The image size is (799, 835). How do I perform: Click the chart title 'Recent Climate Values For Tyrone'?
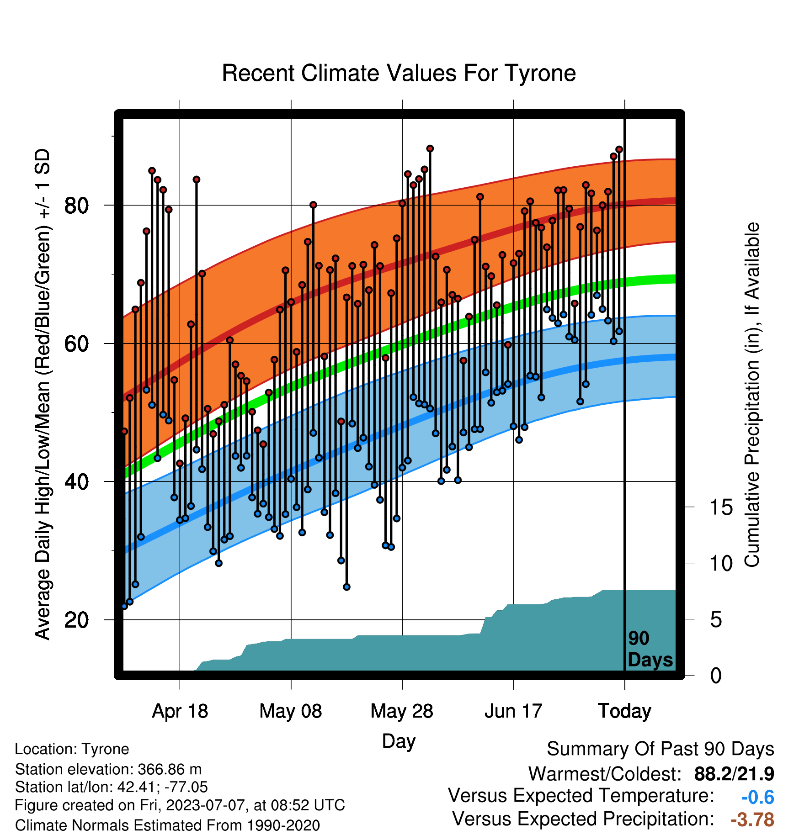point(399,73)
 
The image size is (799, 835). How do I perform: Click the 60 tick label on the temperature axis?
point(76,344)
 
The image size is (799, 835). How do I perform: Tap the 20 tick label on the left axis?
point(76,620)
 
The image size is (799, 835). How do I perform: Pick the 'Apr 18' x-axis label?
point(180,711)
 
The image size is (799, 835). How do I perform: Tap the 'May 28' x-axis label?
point(402,711)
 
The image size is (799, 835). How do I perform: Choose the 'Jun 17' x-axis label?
point(513,711)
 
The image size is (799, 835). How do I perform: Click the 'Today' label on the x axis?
point(624,711)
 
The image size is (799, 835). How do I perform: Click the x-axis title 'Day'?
point(399,741)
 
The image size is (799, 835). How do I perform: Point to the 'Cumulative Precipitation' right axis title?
point(752,395)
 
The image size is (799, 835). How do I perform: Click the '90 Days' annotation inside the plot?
point(650,649)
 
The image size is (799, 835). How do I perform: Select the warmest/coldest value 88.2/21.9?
point(734,774)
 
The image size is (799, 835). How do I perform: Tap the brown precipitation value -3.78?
point(752,819)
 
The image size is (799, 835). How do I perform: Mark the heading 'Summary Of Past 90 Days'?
point(661,749)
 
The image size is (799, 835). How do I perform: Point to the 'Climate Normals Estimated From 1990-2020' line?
point(167,825)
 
